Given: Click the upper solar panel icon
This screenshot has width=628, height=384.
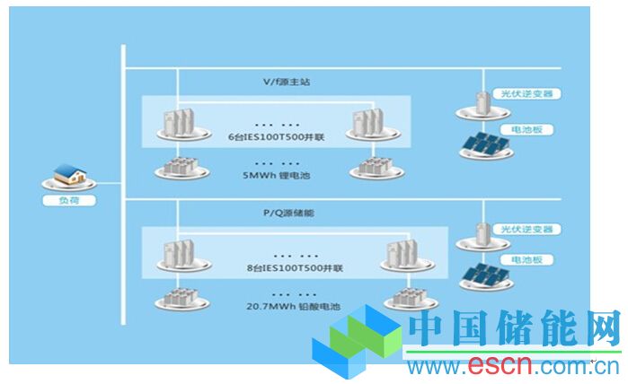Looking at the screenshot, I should [486, 144].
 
